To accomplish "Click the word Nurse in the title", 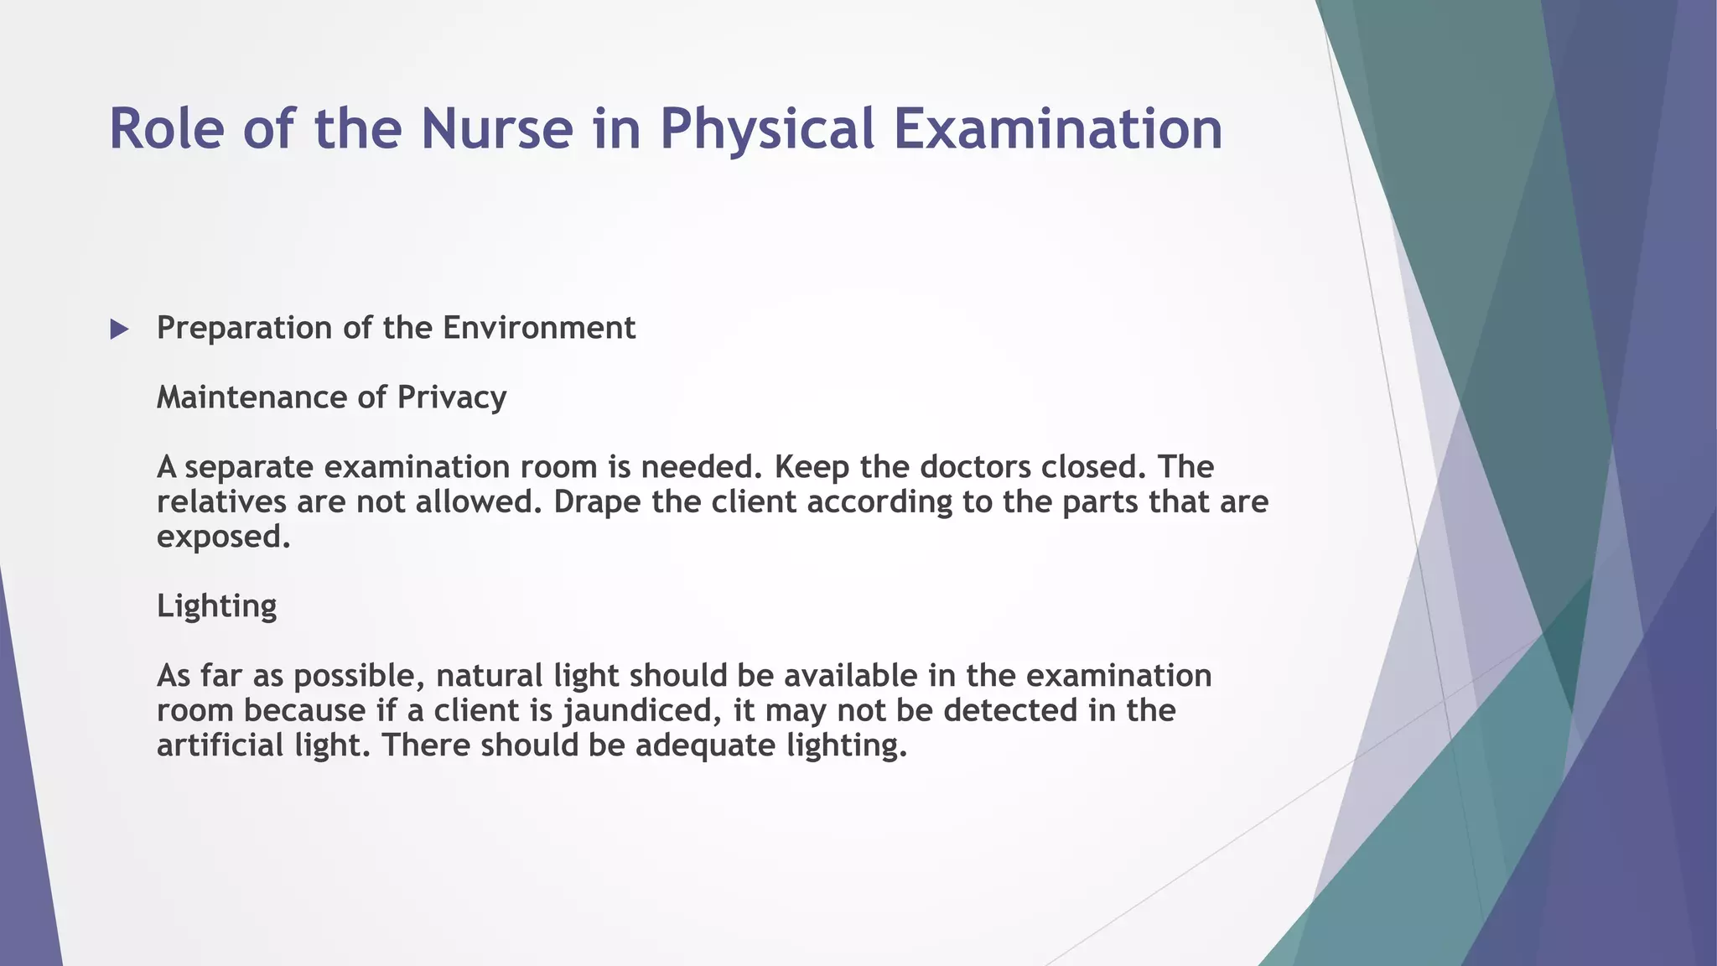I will [x=496, y=129].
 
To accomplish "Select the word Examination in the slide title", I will [x=1058, y=129].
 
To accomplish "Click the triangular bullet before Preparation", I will [x=119, y=330].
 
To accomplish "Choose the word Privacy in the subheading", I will [x=452, y=397].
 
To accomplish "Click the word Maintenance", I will [x=248, y=397].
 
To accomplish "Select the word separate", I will [x=248, y=467].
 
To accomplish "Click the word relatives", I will [x=221, y=502].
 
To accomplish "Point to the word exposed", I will [x=223, y=538].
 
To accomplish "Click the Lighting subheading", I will [x=216, y=606].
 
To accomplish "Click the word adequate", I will [x=705, y=745].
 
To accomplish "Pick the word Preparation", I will [x=245, y=328].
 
